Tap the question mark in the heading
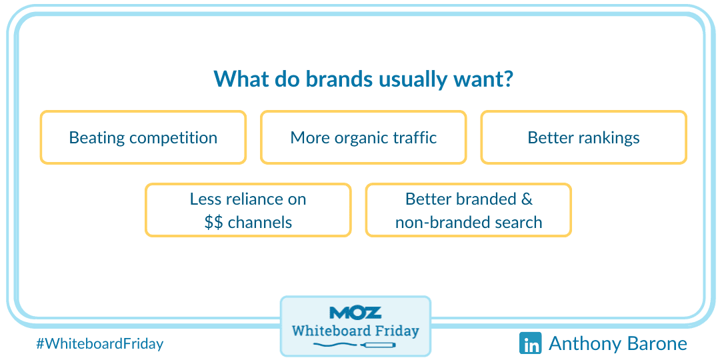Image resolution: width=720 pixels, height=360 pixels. pos(507,79)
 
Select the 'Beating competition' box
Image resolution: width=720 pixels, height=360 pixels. pos(143,137)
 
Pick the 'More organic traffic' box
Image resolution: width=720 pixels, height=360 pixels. pos(363,137)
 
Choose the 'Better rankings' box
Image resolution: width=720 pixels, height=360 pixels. pos(583,137)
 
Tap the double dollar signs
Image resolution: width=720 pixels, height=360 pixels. pos(214,222)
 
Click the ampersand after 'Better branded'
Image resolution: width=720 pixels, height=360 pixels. pos(527,199)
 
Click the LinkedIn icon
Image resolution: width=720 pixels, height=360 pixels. pos(531,343)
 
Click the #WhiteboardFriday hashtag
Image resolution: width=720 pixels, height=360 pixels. pos(99,343)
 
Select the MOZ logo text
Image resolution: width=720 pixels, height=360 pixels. pos(355,313)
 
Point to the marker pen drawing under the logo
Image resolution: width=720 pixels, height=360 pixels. pos(355,345)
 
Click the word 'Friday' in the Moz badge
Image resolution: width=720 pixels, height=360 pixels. pos(395,331)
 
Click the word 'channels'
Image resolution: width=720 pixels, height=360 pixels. pos(260,222)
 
